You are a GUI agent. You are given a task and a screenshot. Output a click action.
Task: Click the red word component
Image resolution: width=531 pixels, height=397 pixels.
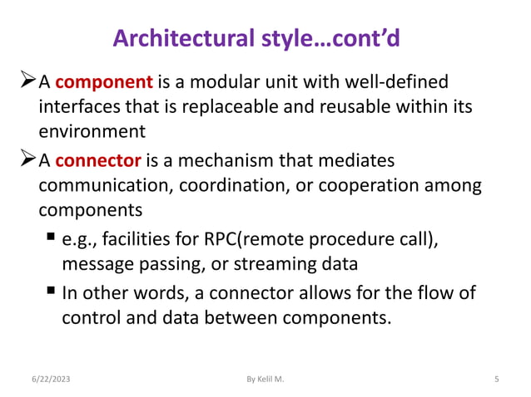pyautogui.click(x=104, y=82)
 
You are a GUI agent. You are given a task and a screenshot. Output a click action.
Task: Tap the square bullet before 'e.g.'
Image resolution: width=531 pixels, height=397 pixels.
pyautogui.click(x=51, y=240)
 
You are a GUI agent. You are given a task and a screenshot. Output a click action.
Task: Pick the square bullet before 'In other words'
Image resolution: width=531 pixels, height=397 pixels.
pyautogui.click(x=51, y=292)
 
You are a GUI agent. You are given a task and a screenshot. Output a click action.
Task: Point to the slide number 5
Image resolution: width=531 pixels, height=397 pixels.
pyautogui.click(x=496, y=380)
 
